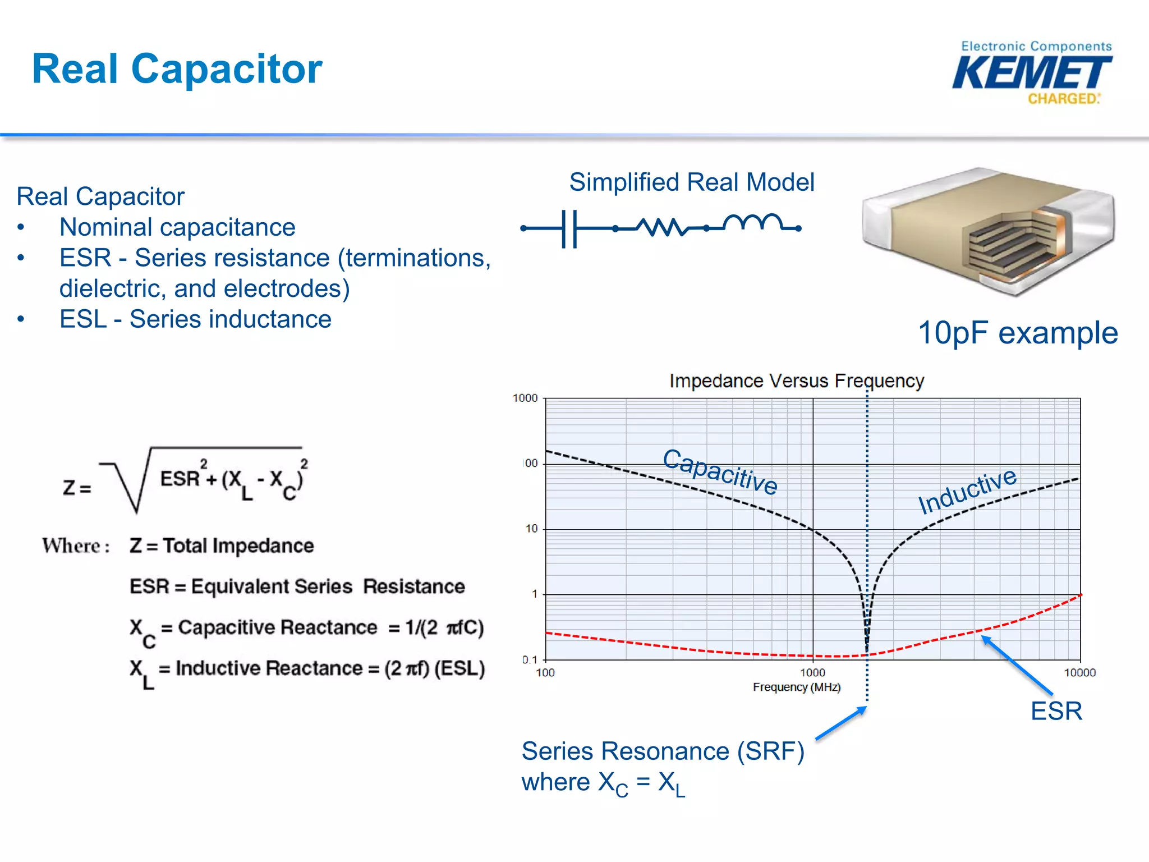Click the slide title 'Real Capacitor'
[x=177, y=68]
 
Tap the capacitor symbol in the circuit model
[x=569, y=228]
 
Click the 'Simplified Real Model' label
[x=691, y=182]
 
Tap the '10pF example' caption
[x=1017, y=333]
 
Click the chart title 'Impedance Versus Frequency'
[x=796, y=381]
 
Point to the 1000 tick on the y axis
[x=525, y=398]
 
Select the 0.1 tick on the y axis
[x=530, y=659]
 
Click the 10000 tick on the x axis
[x=1079, y=673]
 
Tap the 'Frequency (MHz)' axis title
[x=796, y=687]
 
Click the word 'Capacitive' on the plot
[x=720, y=471]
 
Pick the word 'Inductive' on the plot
[x=967, y=490]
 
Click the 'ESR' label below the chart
[x=1056, y=712]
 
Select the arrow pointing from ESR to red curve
[x=1017, y=666]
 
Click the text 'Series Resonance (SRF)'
[x=663, y=751]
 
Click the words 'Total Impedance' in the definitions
[x=238, y=545]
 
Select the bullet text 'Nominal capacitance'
[x=177, y=227]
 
